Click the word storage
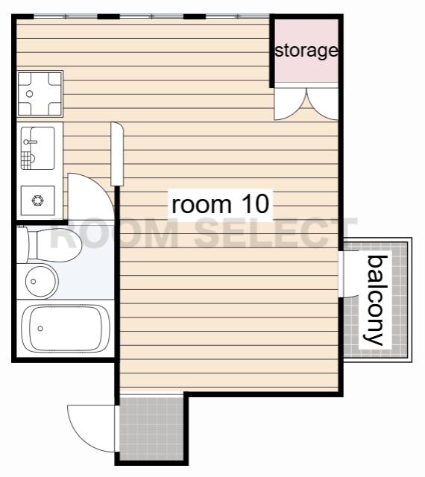click(306, 51)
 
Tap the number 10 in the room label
click(255, 203)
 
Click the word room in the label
click(201, 205)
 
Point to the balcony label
click(374, 300)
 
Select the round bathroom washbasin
click(41, 282)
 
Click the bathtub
click(65, 328)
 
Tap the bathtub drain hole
click(40, 328)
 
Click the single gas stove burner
click(37, 200)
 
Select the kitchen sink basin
click(38, 148)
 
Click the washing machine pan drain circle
click(30, 94)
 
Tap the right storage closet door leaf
click(324, 104)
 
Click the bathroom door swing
click(90, 195)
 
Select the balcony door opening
click(341, 274)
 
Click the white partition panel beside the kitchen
click(117, 154)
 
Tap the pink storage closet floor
click(306, 51)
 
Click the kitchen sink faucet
click(31, 142)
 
